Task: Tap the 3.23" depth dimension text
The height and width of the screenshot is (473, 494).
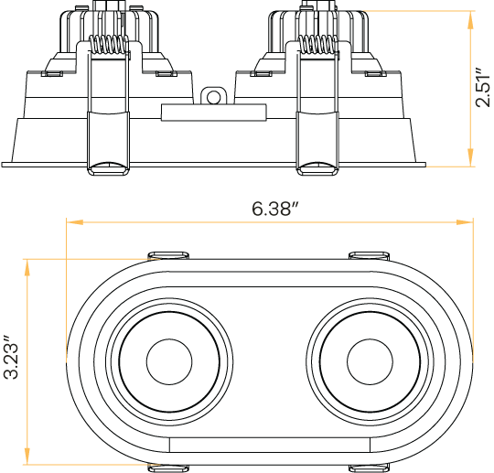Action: pos(10,360)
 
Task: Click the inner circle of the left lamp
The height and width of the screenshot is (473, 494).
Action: pos(166,360)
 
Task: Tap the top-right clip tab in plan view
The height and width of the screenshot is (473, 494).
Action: pos(370,253)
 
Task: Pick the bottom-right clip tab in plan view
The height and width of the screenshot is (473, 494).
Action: pos(370,468)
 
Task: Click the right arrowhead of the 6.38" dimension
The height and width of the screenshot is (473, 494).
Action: pos(468,221)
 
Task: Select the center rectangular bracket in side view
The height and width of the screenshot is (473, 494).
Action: pos(214,113)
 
